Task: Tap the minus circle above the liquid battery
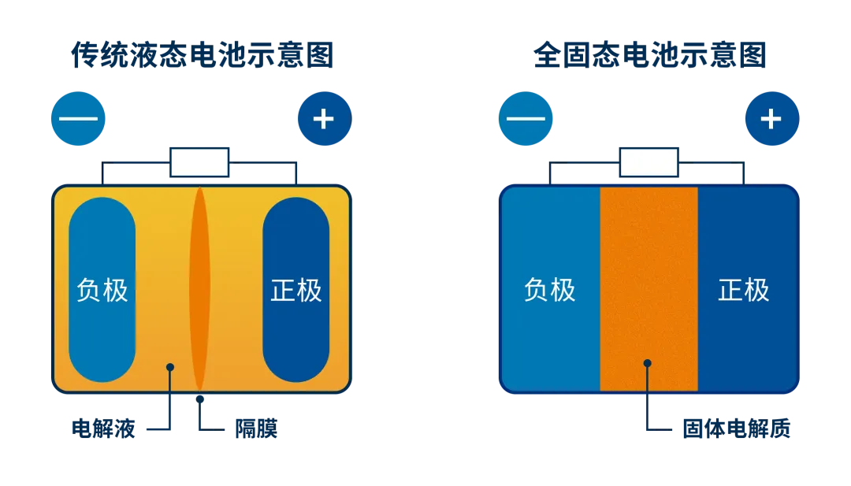coord(78,120)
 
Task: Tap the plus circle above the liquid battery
coord(324,120)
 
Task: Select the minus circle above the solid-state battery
coord(526,120)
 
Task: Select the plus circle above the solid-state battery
coord(771,120)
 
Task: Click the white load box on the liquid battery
coord(199,162)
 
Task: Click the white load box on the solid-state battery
coord(648,162)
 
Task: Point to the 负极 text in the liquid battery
coord(102,290)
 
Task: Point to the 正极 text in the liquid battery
coord(296,290)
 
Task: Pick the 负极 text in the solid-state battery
coord(550,290)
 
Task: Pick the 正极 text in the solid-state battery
coord(744,290)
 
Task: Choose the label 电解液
coord(103,429)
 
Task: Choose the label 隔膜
coord(256,429)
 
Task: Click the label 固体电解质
coord(736,429)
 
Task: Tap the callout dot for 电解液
coord(170,366)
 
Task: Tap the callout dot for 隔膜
coord(200,399)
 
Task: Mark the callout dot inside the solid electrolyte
coord(648,363)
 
